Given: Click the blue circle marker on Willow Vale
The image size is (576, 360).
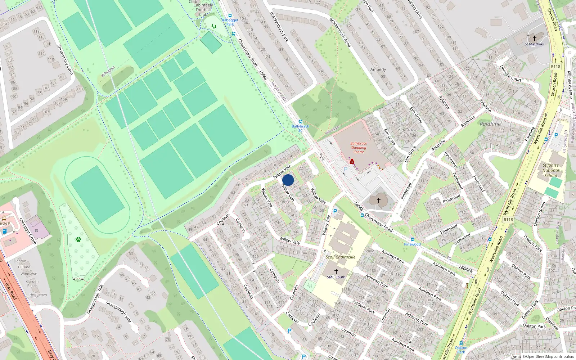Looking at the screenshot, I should click(x=288, y=180).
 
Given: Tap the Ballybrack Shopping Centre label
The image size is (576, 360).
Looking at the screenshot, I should click(x=359, y=148).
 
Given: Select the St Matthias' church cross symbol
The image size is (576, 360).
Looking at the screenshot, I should click(x=535, y=38).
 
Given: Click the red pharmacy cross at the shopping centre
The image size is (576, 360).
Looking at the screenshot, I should click(x=352, y=162).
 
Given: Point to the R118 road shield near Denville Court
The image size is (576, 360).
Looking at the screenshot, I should click(x=555, y=67).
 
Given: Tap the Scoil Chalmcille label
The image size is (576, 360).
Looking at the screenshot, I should click(x=340, y=257).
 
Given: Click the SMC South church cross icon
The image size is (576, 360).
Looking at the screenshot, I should click(x=336, y=271).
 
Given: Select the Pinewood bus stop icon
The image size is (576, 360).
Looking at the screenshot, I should click(x=412, y=239).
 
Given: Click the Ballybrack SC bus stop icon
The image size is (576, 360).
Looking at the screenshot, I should click(x=301, y=122).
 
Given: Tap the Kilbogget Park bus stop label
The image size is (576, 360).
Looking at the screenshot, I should click(x=230, y=22).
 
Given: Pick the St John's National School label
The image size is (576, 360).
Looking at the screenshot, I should click(x=550, y=170).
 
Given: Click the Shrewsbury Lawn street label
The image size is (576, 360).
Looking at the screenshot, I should click(x=65, y=59).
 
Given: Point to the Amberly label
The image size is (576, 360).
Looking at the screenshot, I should click(x=378, y=69).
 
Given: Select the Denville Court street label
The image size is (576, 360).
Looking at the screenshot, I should click(x=510, y=73).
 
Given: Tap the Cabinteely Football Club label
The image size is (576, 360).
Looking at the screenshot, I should click(x=203, y=8).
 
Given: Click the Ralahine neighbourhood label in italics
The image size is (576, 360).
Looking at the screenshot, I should click(x=490, y=124).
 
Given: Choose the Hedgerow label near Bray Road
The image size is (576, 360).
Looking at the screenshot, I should click(x=38, y=294).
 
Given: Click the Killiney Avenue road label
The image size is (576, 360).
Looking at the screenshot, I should click(x=570, y=85).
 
